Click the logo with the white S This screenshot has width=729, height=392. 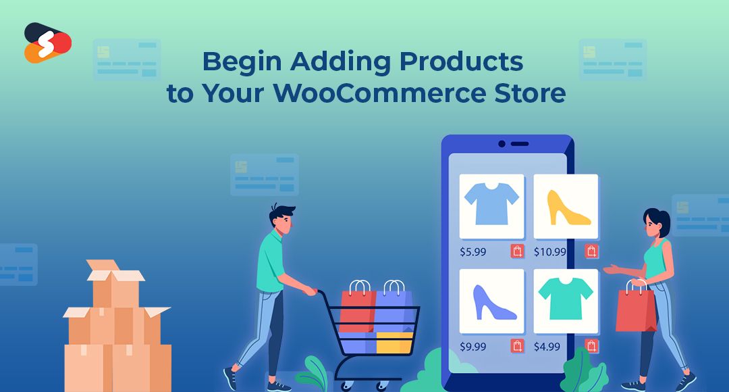click(47, 43)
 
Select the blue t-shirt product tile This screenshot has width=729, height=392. click(491, 206)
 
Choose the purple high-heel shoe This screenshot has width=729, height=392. click(493, 302)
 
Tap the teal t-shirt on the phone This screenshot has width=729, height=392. click(566, 299)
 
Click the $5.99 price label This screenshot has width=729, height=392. click(473, 252)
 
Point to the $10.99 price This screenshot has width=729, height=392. click(550, 252)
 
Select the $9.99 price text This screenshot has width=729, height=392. click(473, 347)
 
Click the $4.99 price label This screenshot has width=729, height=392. click(547, 347)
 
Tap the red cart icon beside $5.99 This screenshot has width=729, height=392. click(518, 251)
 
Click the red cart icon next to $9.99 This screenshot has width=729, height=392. click(518, 346)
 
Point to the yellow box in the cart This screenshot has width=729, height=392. click(394, 343)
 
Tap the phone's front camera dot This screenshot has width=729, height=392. click(502, 144)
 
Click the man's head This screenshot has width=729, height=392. click(281, 219)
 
